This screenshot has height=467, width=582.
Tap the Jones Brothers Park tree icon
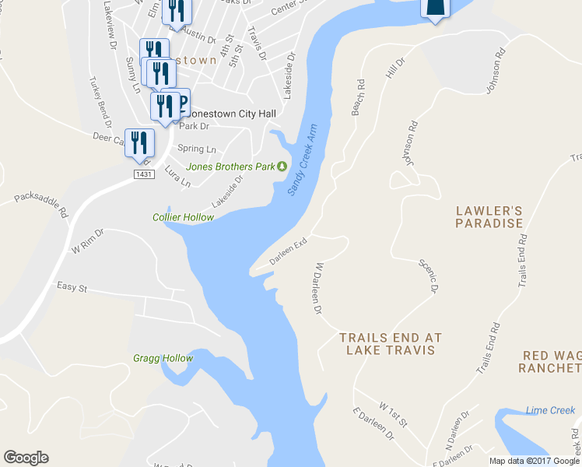[x=283, y=166]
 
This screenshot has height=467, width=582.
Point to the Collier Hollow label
[x=183, y=217]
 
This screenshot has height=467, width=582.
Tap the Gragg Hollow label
[x=162, y=358]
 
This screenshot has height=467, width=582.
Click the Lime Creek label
[x=550, y=410]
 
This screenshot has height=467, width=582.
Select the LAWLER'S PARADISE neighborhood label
[x=489, y=217]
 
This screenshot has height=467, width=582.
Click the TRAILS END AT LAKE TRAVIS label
[x=390, y=344]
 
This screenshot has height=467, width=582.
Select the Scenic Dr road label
[x=429, y=276]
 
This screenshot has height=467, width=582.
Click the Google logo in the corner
[x=26, y=458]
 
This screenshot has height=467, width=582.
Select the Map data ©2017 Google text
[x=535, y=461]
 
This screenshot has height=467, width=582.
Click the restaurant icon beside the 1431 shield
[x=140, y=142]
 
